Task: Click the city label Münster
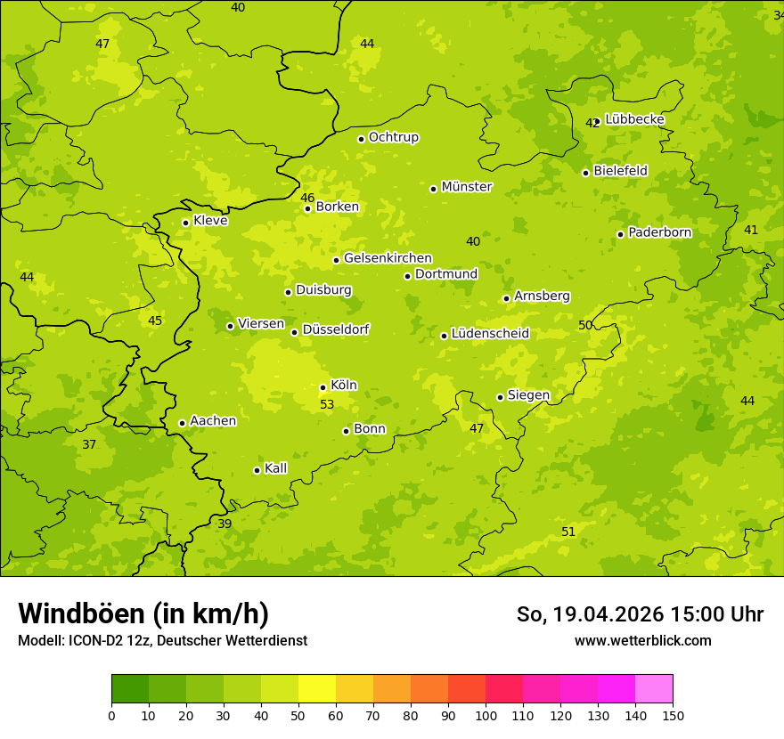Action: [466, 187]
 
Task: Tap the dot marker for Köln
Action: [323, 387]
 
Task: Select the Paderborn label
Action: [659, 232]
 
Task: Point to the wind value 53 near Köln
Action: [327, 404]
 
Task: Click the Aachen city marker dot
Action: [182, 423]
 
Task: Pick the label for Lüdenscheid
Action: [490, 334]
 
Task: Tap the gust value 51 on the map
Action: [568, 532]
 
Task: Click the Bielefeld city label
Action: [620, 170]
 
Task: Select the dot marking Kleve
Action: [185, 223]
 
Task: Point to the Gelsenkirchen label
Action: [388, 258]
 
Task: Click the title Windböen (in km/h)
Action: [143, 613]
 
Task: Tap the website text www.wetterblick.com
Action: [642, 640]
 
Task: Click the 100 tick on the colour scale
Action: [486, 715]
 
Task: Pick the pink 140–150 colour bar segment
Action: [654, 689]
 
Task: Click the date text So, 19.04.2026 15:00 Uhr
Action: [640, 614]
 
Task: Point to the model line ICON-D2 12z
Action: [162, 640]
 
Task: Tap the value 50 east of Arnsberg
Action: [585, 325]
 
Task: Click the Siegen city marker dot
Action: [500, 397]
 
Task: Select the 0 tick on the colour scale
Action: [111, 715]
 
